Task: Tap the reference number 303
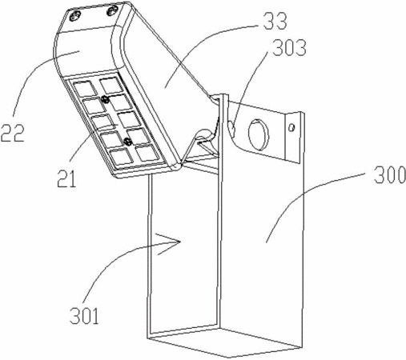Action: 289,48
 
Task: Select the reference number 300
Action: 389,174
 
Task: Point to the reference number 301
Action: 84,315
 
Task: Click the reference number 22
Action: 13,133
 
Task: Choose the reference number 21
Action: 66,178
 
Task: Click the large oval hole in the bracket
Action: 258,134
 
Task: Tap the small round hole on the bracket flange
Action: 292,128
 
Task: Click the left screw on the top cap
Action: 74,17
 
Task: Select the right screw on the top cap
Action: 112,11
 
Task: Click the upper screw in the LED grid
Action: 105,99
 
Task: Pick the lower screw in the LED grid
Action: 129,141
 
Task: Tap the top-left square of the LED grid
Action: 86,88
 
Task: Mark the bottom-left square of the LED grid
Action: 122,156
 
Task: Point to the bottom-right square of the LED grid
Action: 147,153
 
